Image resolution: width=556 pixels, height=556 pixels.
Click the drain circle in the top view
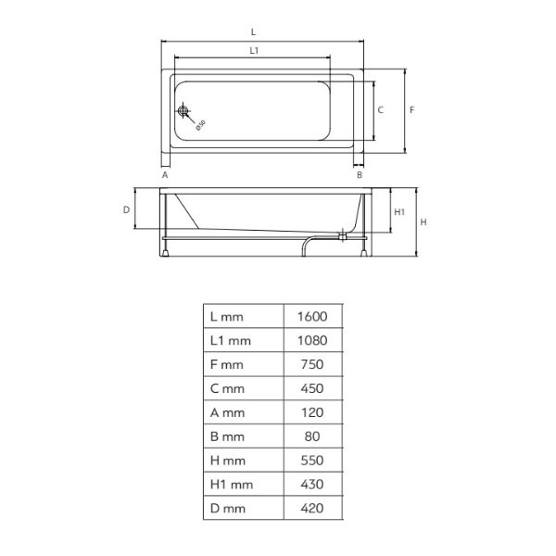pyautogui.click(x=183, y=111)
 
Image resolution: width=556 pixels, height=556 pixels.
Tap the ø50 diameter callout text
pyautogui.click(x=201, y=125)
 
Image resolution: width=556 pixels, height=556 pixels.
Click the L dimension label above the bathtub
pyautogui.click(x=253, y=32)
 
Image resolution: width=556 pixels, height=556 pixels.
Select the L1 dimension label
pyautogui.click(x=254, y=51)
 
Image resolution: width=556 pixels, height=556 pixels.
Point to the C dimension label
pyautogui.click(x=381, y=110)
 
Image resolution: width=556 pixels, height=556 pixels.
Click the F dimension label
pyautogui.click(x=411, y=110)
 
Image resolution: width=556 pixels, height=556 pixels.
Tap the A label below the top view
pyautogui.click(x=165, y=175)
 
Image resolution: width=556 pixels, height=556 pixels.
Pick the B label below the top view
pyautogui.click(x=360, y=175)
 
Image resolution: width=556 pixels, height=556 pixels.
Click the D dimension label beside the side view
pyautogui.click(x=126, y=210)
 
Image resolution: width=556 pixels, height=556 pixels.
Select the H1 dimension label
pyautogui.click(x=399, y=212)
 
